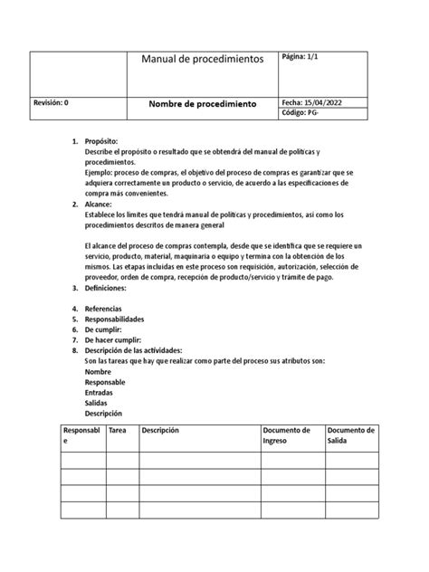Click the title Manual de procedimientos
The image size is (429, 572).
pyautogui.click(x=202, y=59)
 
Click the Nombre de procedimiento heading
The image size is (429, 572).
pyautogui.click(x=202, y=104)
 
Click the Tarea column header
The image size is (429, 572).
pyautogui.click(x=118, y=430)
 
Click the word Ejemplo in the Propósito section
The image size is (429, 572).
pyautogui.click(x=99, y=174)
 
